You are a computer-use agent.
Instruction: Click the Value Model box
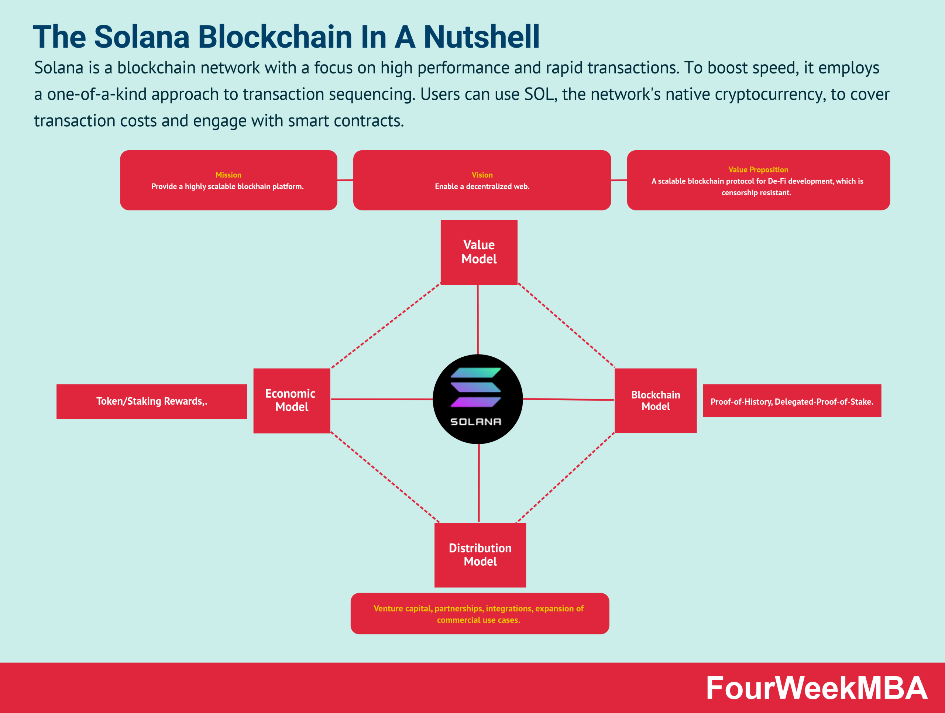(479, 252)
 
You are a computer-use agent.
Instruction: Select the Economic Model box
(292, 400)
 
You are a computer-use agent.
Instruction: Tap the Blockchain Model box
(655, 400)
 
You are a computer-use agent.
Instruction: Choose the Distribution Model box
(480, 555)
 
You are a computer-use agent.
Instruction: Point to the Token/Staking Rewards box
(152, 401)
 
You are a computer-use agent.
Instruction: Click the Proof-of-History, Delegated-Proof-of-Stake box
(792, 401)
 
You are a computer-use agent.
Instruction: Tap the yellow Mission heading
(228, 175)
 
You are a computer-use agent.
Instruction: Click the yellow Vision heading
(482, 175)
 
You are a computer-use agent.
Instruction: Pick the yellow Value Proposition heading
(758, 169)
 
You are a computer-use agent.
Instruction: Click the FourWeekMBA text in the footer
(816, 688)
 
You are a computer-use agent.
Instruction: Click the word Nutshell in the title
(481, 37)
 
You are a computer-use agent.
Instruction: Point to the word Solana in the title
(142, 37)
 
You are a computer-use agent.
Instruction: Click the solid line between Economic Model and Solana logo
(381, 400)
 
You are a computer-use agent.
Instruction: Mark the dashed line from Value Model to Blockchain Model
(566, 325)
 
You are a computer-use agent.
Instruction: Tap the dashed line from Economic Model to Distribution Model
(385, 477)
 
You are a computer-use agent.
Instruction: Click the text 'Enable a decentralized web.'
(482, 186)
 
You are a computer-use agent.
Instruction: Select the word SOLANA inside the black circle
(475, 422)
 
